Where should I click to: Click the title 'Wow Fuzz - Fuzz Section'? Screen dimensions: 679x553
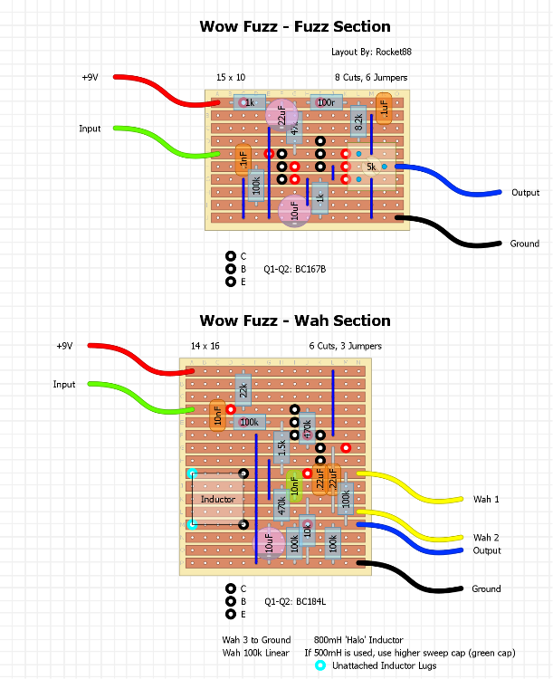pyautogui.click(x=295, y=27)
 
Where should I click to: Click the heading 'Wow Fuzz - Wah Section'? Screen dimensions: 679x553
pyautogui.click(x=295, y=320)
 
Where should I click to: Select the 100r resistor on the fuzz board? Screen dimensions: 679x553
pyautogui.click(x=325, y=103)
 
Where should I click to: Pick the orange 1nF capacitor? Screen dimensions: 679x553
pyautogui.click(x=243, y=160)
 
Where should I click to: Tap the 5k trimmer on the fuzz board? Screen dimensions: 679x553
pyautogui.click(x=371, y=167)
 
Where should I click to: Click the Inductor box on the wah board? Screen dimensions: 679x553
pyautogui.click(x=217, y=499)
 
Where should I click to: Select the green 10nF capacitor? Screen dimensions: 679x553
pyautogui.click(x=293, y=483)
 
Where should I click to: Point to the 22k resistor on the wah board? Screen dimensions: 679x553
pyautogui.click(x=243, y=391)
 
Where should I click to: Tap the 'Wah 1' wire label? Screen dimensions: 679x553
pyautogui.click(x=486, y=500)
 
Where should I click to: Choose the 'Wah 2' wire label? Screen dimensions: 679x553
pyautogui.click(x=486, y=538)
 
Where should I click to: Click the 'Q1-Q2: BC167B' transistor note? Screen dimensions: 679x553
pyautogui.click(x=294, y=270)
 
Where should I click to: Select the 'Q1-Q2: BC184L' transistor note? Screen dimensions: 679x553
pyautogui.click(x=294, y=600)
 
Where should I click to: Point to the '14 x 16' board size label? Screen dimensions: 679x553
pyautogui.click(x=205, y=346)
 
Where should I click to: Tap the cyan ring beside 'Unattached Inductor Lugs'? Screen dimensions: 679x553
pyautogui.click(x=320, y=666)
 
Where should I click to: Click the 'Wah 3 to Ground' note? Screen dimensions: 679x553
pyautogui.click(x=256, y=640)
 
